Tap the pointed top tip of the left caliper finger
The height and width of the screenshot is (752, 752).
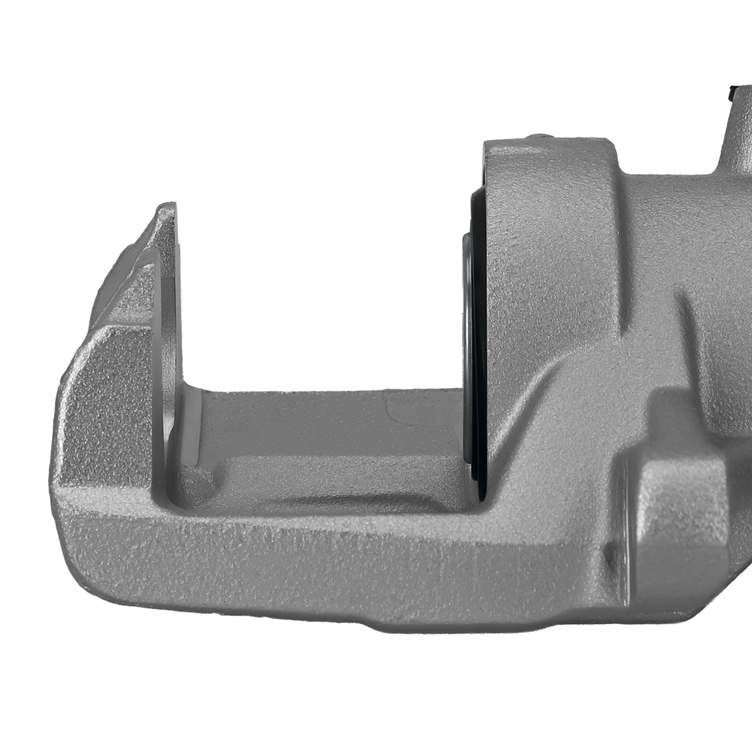[165, 208]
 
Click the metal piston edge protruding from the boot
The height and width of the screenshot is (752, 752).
[467, 338]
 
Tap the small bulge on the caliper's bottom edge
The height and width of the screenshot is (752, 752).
[376, 624]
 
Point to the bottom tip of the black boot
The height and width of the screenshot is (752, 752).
[478, 493]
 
